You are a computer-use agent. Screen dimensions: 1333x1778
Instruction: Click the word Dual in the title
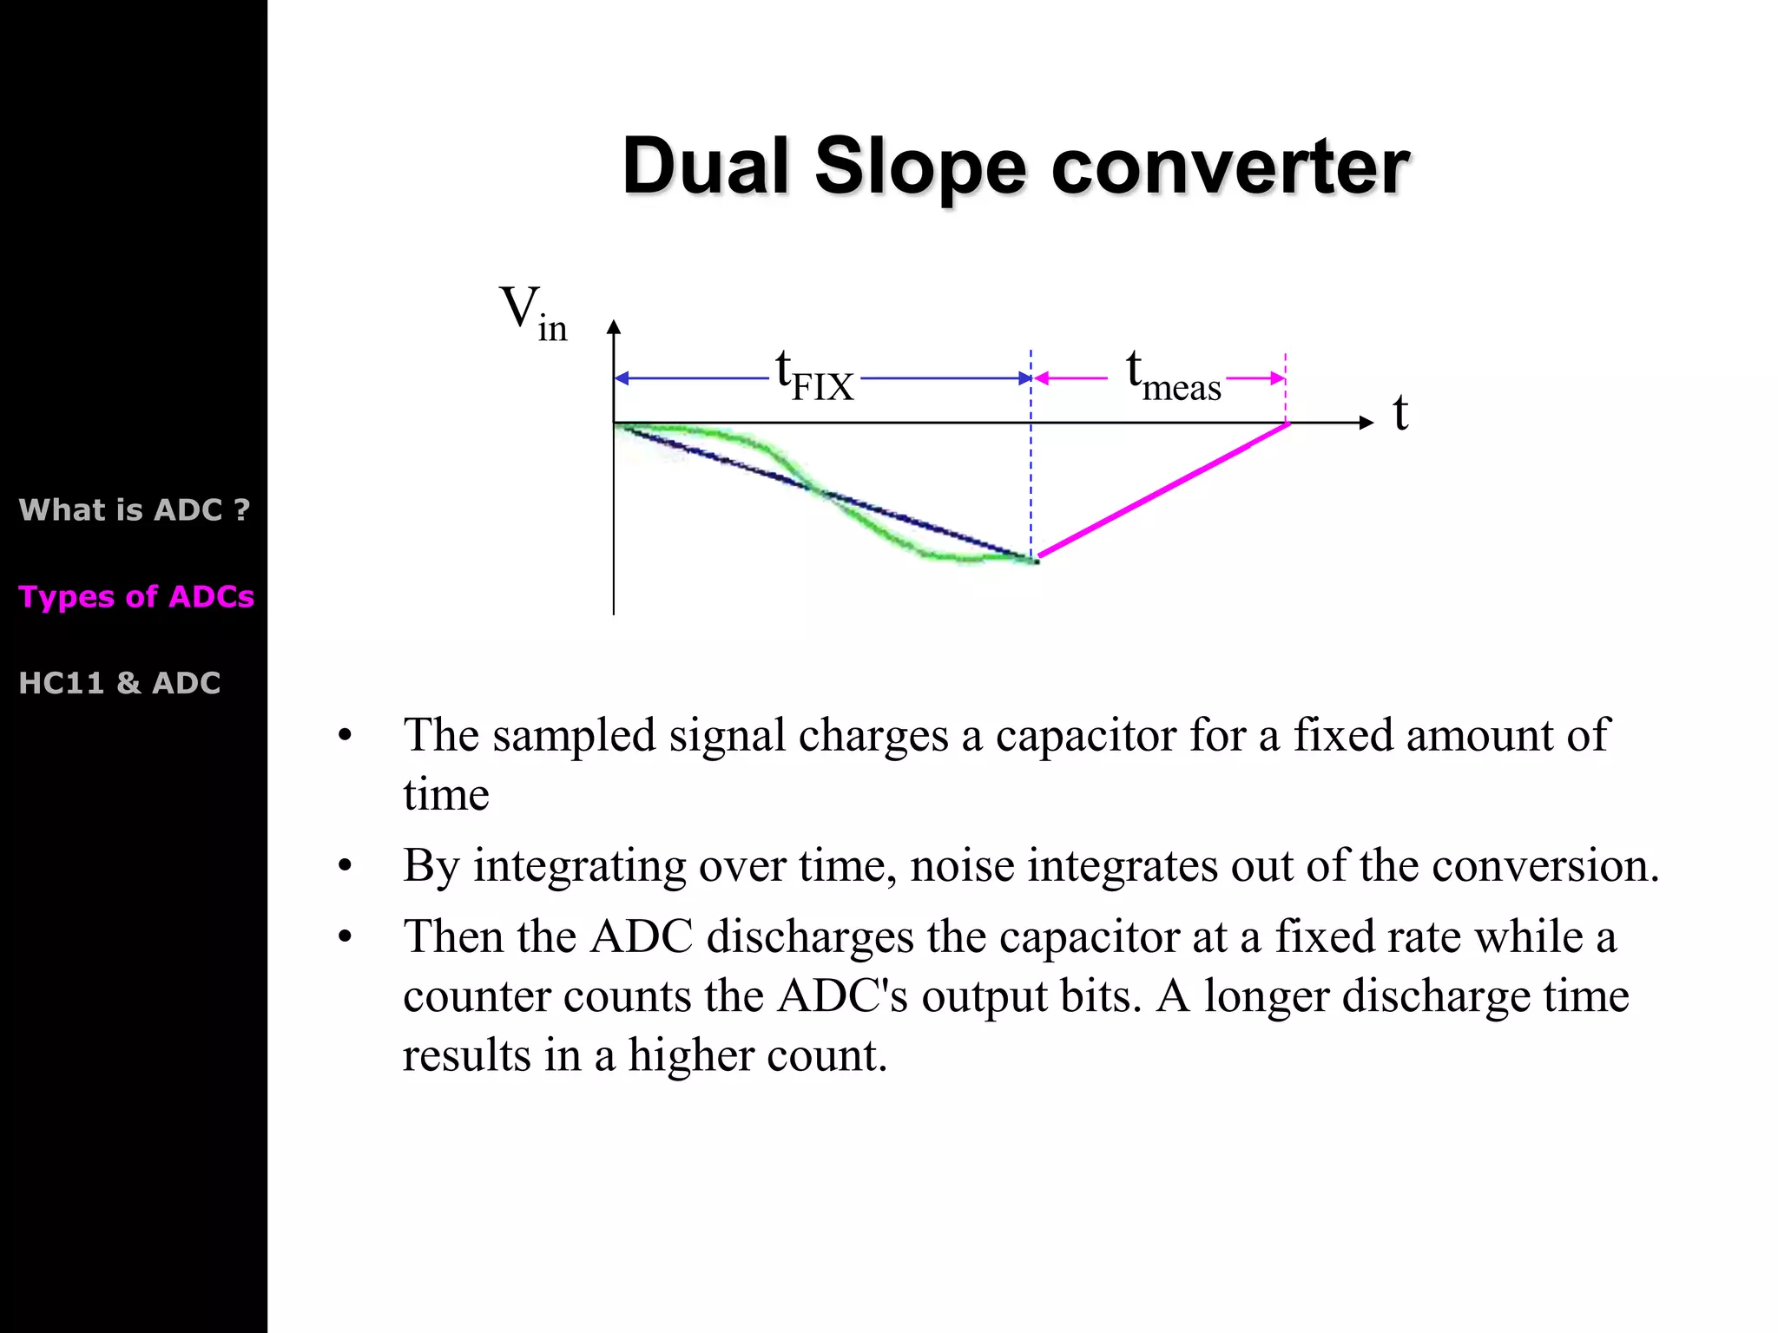705,167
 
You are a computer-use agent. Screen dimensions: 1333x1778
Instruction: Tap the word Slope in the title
920,167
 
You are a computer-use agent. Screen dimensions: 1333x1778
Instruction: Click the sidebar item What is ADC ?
135,509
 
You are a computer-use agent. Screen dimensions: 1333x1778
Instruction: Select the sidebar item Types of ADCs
136,597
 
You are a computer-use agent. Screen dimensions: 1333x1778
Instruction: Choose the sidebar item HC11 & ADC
120,683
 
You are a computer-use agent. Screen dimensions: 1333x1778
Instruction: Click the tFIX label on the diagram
814,377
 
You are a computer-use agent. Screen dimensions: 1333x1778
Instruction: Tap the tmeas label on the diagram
1173,377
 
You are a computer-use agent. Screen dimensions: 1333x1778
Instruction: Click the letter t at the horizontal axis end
1399,413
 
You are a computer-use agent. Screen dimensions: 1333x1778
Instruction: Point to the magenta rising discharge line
1163,490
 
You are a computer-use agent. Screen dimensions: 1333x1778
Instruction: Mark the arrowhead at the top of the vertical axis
614,327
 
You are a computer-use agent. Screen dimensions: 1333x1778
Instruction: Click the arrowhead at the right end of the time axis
1366,423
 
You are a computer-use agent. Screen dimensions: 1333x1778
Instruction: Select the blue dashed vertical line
1031,469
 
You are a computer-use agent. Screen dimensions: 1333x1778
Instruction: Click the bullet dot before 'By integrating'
346,866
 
